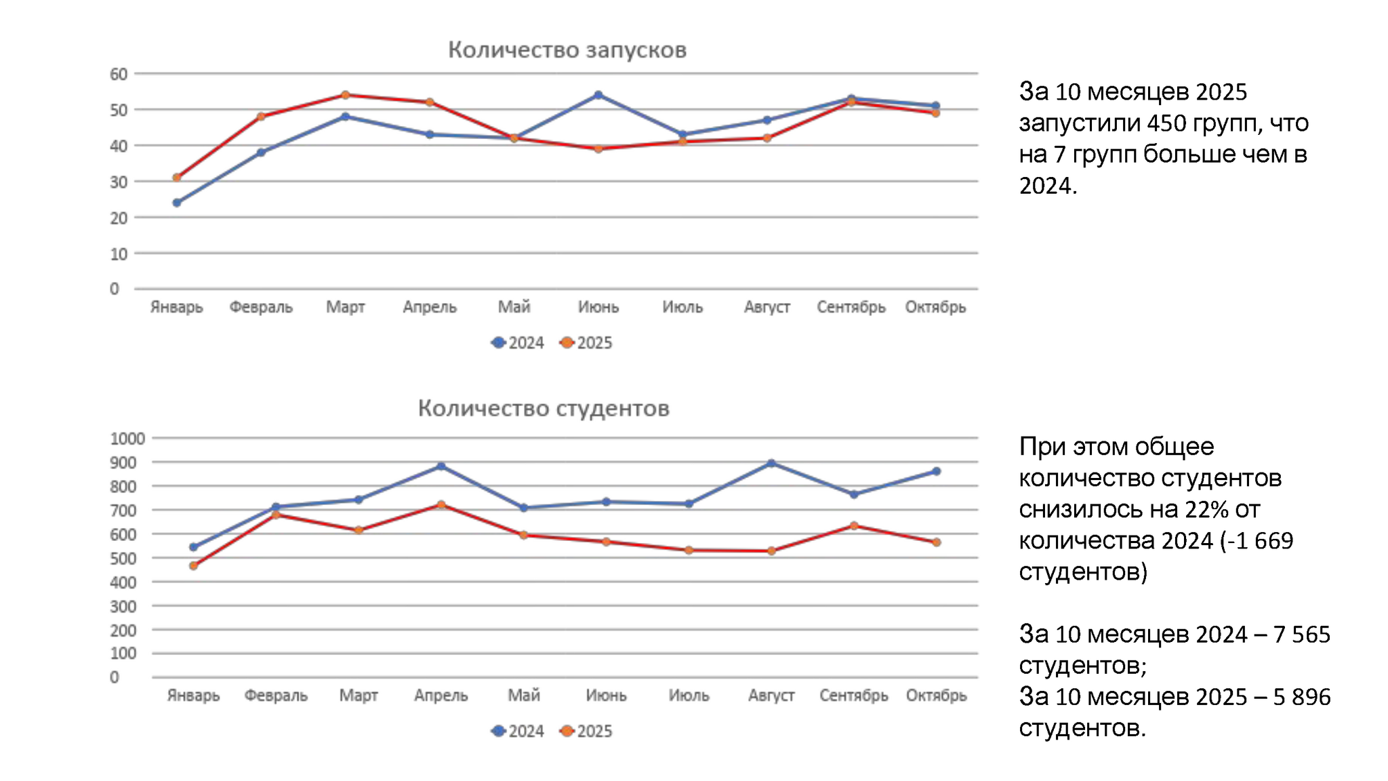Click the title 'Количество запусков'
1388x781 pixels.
(567, 49)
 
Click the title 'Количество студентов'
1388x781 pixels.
(543, 408)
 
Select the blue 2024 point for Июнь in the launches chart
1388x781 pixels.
(598, 95)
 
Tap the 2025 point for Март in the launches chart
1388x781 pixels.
(345, 95)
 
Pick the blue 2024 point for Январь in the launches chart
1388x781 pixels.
(177, 203)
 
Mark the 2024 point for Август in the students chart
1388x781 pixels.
(771, 463)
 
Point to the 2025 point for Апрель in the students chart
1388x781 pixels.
(441, 504)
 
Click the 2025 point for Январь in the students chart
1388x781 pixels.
(193, 565)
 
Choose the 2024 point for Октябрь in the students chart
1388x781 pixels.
(936, 471)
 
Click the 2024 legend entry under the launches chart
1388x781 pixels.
(518, 343)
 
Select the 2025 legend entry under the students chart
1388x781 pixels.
(586, 732)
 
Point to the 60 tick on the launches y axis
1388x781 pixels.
(119, 74)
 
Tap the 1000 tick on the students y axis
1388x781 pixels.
(127, 439)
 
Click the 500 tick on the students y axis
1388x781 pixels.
(123, 559)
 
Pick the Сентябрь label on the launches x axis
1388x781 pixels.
(851, 307)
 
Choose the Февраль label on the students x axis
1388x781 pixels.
(276, 696)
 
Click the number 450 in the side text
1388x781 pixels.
(1166, 123)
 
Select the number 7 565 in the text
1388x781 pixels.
(1301, 635)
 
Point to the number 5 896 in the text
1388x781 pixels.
(1301, 697)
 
